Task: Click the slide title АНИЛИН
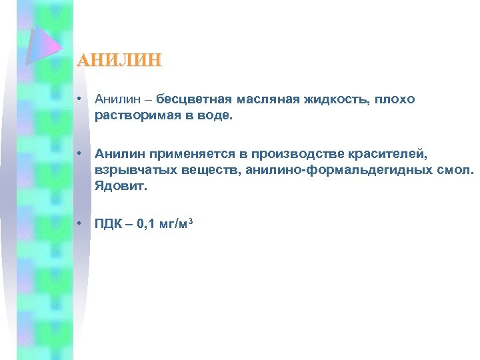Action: pyautogui.click(x=119, y=61)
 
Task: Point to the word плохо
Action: pyautogui.click(x=394, y=99)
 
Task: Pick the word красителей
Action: pyautogui.click(x=382, y=154)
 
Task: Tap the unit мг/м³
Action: pyautogui.click(x=177, y=223)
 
